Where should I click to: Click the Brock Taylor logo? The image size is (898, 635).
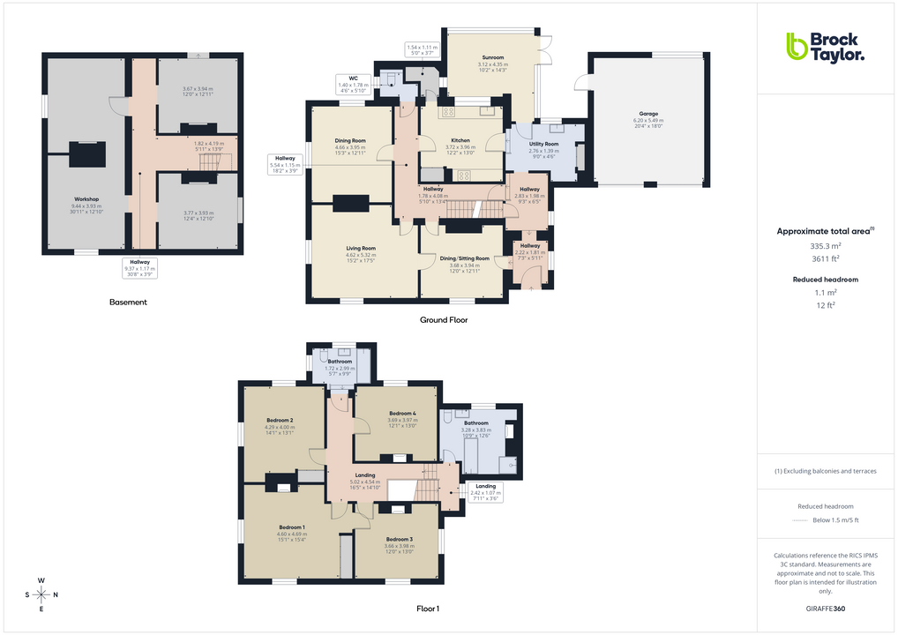point(825,47)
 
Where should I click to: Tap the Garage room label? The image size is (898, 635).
point(648,114)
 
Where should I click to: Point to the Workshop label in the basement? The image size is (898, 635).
point(86,199)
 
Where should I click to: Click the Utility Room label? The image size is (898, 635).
point(543,144)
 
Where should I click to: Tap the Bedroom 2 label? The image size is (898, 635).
point(280,421)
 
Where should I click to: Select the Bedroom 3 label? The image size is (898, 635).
point(399,539)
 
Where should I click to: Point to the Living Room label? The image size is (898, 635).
point(361,249)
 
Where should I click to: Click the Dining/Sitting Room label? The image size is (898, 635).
point(464,258)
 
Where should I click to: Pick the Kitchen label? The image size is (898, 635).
point(460,140)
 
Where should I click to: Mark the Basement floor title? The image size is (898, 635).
point(128,303)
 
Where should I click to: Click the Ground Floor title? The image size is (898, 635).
point(444,320)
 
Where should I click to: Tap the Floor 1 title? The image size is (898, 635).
point(428,609)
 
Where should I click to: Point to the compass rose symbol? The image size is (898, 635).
point(41,595)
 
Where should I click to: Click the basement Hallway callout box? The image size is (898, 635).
point(141,265)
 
